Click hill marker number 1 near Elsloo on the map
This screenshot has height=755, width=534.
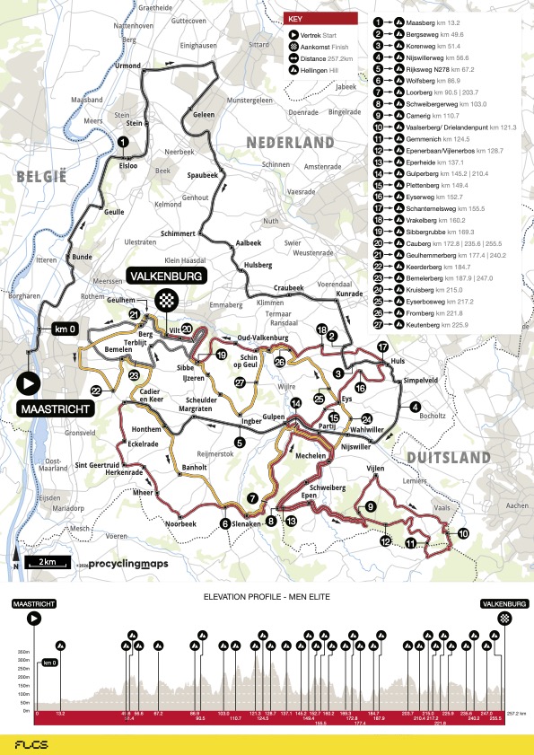121,140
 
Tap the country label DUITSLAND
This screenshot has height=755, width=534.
445,458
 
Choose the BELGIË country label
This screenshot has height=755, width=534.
40,178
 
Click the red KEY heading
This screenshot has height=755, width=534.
320,18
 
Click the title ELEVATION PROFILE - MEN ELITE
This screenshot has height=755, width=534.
266,596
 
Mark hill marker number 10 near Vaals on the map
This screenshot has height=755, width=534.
463,533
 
